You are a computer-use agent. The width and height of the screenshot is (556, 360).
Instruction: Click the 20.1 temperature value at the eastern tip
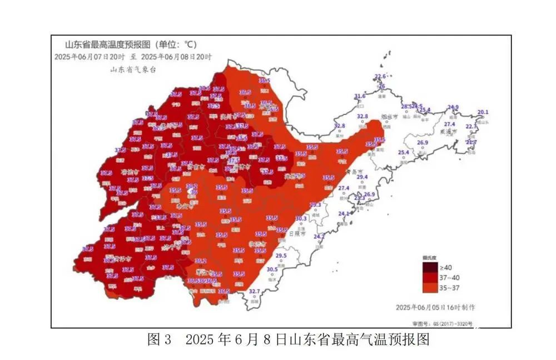[x=483, y=112]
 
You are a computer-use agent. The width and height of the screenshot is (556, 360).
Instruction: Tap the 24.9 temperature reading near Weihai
[x=454, y=107]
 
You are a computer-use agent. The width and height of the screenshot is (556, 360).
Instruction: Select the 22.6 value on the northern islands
[x=380, y=77]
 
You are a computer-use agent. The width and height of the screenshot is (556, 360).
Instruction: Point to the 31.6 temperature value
[x=360, y=96]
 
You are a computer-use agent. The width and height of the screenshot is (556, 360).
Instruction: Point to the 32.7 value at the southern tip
[x=254, y=292]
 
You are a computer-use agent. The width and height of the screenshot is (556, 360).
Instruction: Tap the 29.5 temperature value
[x=281, y=256]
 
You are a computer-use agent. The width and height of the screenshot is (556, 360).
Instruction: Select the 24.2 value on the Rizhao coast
[x=319, y=237]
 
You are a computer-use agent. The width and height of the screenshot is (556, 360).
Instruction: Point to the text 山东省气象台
[x=132, y=69]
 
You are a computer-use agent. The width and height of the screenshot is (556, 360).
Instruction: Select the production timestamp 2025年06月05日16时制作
[x=435, y=307]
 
